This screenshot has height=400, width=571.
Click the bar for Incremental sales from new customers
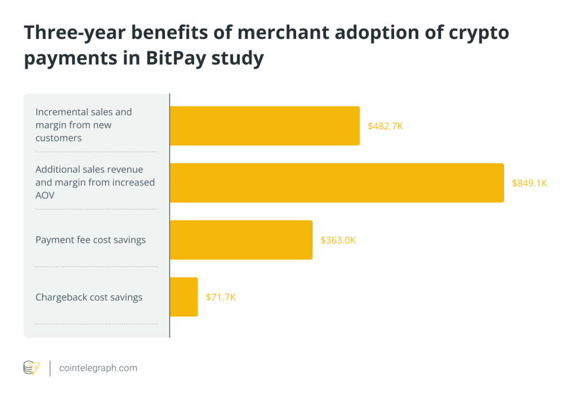coord(264,126)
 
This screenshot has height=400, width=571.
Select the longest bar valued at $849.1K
coord(336,183)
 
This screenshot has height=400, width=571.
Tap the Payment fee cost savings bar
coord(241,240)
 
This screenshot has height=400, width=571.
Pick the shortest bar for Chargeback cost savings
coord(183,297)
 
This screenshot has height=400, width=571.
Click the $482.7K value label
coord(385,126)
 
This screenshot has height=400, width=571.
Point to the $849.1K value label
coord(529,183)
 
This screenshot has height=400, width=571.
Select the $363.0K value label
coord(338,240)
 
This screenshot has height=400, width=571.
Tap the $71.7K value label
coord(221,297)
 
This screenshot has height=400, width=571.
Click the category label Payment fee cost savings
coord(90,240)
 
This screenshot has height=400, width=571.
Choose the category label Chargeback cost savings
coord(89,297)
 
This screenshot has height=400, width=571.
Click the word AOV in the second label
coord(45,195)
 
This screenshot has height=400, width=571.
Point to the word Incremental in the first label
coord(60,112)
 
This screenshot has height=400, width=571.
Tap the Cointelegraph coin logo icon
coord(31,368)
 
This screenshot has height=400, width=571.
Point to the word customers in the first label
coord(59,138)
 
